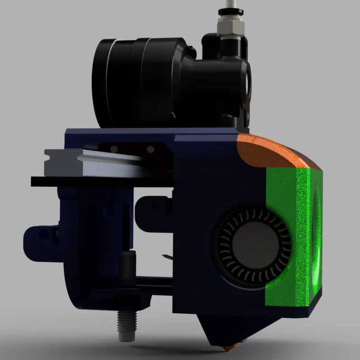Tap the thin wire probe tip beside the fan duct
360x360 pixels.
click(166, 257)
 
